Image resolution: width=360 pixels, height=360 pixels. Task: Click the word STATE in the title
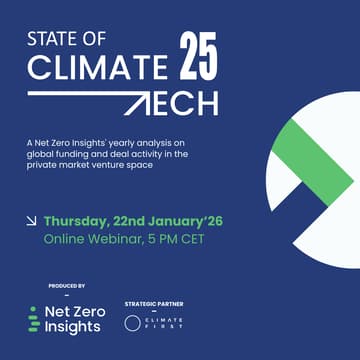[x=57, y=42]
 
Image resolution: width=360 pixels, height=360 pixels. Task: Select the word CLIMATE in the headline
[x=95, y=68]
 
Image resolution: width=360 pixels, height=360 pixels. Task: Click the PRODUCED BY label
[x=67, y=286]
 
